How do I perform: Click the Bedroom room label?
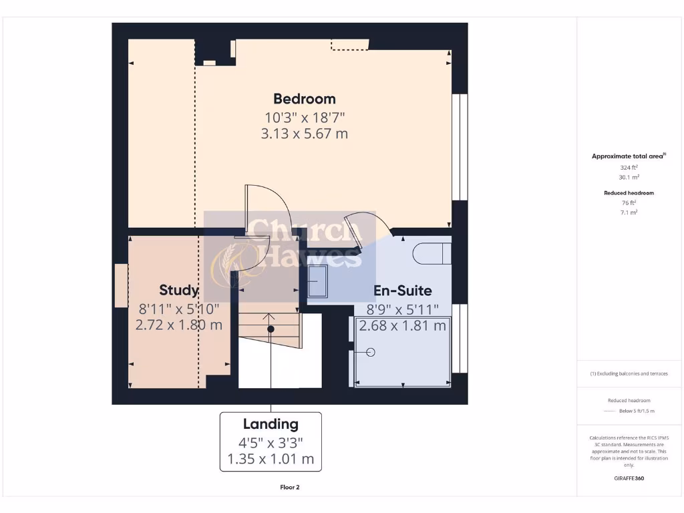(x=305, y=99)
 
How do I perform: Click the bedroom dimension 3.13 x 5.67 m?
(x=305, y=134)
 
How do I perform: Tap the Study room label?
(x=178, y=290)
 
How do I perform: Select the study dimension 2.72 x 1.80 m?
(x=178, y=325)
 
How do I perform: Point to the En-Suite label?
(x=402, y=291)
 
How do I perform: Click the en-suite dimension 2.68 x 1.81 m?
(x=402, y=326)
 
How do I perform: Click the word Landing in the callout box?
(x=271, y=424)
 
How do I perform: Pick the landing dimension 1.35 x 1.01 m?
(x=271, y=460)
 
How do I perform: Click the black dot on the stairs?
(x=271, y=329)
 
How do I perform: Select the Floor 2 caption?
(x=290, y=488)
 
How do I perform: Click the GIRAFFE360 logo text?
(x=629, y=478)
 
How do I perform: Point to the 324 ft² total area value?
(x=629, y=168)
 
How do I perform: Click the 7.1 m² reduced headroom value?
(x=629, y=212)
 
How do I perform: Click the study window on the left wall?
(x=120, y=285)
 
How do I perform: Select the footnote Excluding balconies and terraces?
(x=629, y=374)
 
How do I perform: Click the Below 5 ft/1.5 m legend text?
(x=637, y=411)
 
